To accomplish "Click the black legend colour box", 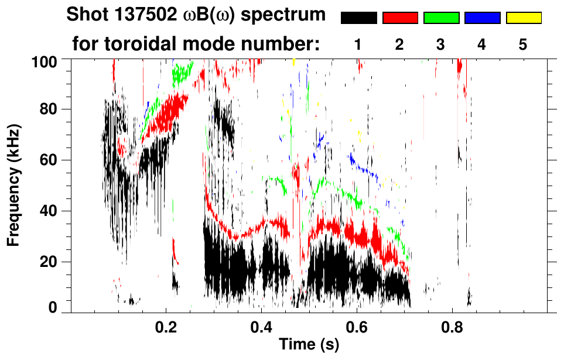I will point(358,18).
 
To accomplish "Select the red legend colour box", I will point(400,18).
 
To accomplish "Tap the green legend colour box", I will point(441,18).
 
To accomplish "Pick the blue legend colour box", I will point(482,18).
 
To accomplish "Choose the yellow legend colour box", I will point(524,18).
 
